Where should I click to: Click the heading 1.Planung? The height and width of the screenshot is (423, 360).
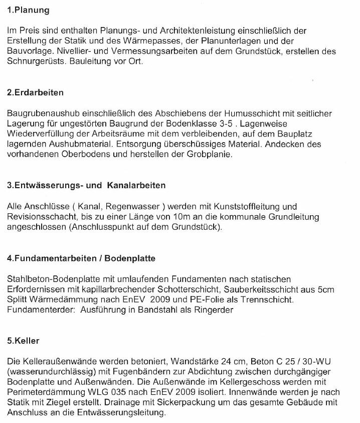point(28,10)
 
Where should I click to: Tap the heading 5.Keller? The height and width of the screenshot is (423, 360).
point(24,341)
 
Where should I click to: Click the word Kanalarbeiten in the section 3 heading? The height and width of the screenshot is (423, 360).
point(136,186)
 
